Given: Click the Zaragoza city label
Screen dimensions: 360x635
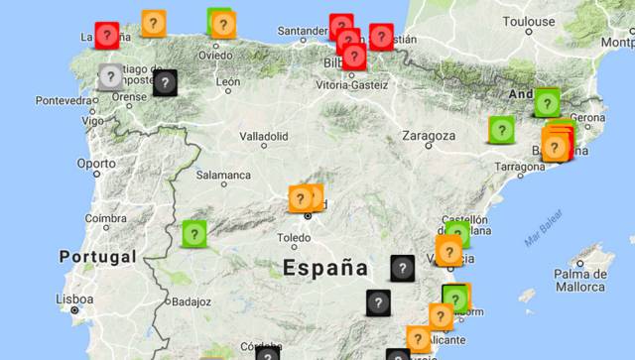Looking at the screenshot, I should point(428,136).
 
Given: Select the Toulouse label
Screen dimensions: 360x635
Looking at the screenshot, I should point(528,21).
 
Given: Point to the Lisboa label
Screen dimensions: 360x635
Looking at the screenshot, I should point(74,299).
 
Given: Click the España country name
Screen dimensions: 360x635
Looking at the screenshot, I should point(324,267).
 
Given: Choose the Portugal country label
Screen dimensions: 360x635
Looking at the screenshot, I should point(96,257).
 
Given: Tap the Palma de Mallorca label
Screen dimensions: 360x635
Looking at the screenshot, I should point(580,280).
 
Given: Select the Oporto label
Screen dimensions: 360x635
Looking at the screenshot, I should point(96,164).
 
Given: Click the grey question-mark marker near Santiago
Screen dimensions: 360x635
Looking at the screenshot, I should point(110,75).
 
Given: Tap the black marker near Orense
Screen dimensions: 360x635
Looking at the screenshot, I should point(166,82).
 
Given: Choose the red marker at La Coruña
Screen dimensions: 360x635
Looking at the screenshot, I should point(107,36).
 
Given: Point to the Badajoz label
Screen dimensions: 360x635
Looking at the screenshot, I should point(191,301).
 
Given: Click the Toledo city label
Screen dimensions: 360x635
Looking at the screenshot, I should point(294,238).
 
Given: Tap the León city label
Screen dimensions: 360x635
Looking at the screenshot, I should point(228,82).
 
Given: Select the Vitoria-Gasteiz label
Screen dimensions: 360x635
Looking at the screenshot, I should point(352,85).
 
